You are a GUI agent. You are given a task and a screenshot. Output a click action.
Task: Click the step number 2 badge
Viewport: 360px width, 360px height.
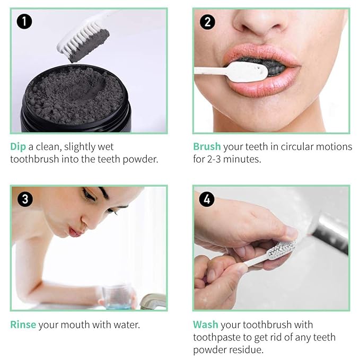click(x=207, y=22)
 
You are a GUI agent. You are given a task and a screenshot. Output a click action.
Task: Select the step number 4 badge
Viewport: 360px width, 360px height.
click(x=207, y=199)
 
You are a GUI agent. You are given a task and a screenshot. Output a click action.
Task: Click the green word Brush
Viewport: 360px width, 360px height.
click(x=207, y=146)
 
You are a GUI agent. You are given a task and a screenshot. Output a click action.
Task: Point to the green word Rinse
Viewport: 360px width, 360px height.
click(x=23, y=324)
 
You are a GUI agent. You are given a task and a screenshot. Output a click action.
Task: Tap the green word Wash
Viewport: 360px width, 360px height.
click(x=206, y=324)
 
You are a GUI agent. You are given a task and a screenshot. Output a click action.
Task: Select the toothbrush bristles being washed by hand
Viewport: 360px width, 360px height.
click(x=281, y=251)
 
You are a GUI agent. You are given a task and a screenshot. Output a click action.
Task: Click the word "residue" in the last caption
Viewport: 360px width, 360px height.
click(x=243, y=350)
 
